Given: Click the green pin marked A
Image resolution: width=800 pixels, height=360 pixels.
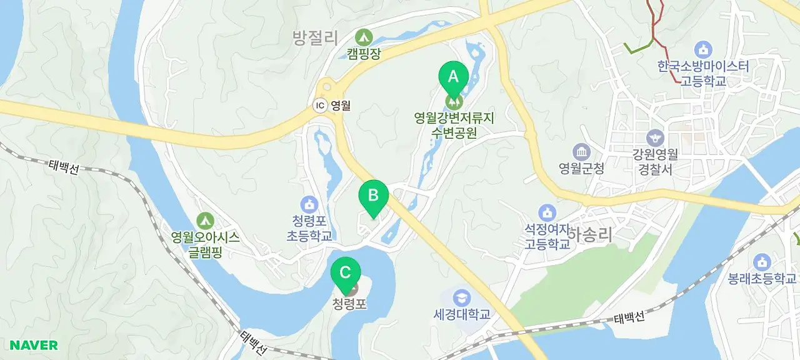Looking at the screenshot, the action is pyautogui.click(x=453, y=77).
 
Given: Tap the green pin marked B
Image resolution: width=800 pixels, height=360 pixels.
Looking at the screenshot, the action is pyautogui.click(x=373, y=196).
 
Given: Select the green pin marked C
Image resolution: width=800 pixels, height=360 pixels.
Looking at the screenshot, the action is pyautogui.click(x=346, y=273).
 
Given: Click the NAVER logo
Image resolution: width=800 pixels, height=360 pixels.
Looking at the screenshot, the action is pyautogui.click(x=34, y=345).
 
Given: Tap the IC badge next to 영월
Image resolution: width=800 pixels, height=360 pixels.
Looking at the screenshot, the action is pyautogui.click(x=320, y=106).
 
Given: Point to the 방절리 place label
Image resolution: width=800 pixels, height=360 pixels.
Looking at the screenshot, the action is pyautogui.click(x=315, y=39).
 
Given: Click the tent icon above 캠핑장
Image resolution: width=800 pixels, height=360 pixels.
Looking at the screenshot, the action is pyautogui.click(x=363, y=37).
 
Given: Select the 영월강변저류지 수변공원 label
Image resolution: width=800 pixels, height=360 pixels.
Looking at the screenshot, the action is pyautogui.click(x=454, y=125).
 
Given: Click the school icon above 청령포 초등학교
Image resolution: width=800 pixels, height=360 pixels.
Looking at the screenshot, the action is pyautogui.click(x=309, y=204).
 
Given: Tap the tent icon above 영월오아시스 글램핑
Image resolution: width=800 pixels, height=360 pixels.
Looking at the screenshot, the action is pyautogui.click(x=205, y=220).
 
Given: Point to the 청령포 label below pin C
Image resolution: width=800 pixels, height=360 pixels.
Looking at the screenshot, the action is pyautogui.click(x=349, y=305).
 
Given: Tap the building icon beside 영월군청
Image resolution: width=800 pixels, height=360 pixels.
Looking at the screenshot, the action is pyautogui.click(x=581, y=151).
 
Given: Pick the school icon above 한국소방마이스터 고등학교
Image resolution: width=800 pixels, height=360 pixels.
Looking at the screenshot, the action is pyautogui.click(x=703, y=49).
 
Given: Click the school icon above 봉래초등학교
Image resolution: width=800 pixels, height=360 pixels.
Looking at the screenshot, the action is pyautogui.click(x=761, y=262).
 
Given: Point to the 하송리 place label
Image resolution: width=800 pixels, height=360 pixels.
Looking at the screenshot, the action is pyautogui.click(x=590, y=234).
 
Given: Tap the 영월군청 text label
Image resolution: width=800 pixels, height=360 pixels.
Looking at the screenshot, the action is pyautogui.click(x=582, y=167).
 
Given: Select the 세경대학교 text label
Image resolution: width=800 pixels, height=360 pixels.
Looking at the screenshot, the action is pyautogui.click(x=462, y=314).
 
